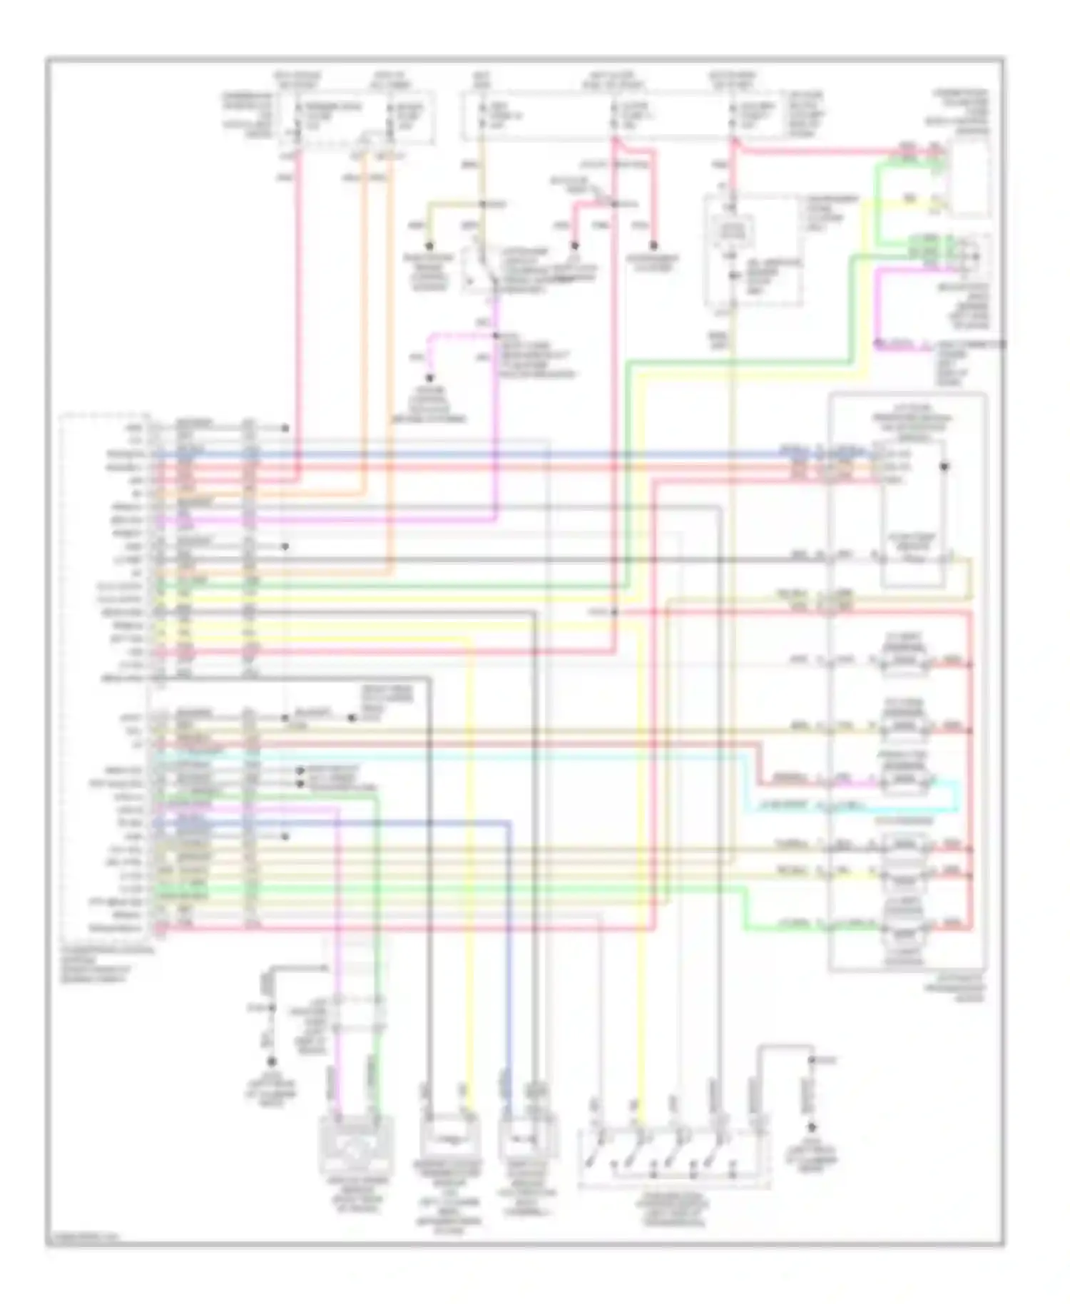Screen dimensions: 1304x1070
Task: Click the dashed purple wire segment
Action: tap(457, 334)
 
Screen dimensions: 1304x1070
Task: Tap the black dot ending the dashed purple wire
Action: tap(430, 379)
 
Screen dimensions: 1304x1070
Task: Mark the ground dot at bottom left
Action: tap(271, 1061)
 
